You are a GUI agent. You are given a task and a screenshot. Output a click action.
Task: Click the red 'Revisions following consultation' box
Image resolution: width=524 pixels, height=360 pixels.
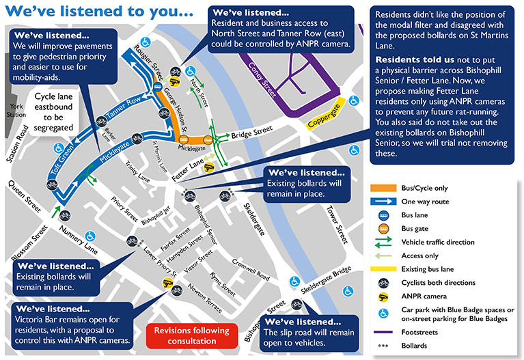pos(191,335)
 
